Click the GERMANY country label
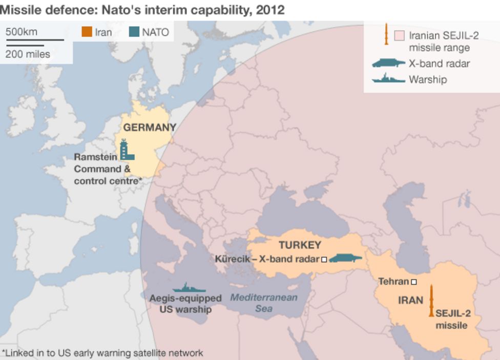(149, 128)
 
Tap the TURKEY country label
(300, 245)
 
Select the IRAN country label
(411, 300)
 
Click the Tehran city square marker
(414, 282)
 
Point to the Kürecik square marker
(324, 260)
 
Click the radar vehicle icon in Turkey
(345, 259)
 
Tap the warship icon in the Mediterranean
(189, 288)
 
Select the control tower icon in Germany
(126, 150)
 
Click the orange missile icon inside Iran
(432, 301)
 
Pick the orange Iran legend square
(86, 32)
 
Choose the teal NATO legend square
(134, 32)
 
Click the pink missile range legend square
(400, 36)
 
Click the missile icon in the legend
(386, 34)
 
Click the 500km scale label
(22, 32)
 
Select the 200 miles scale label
(28, 54)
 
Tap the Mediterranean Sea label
(263, 303)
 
